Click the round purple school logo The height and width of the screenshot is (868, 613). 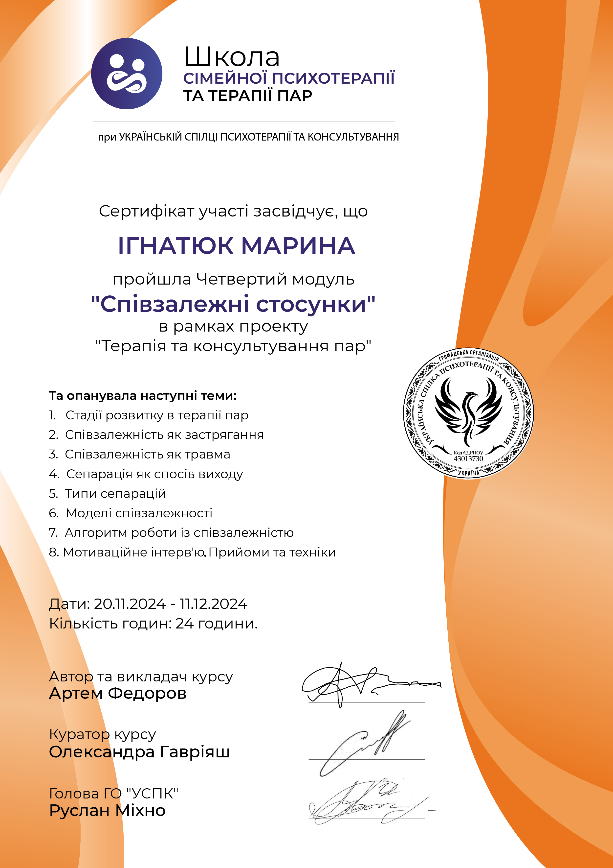(x=127, y=74)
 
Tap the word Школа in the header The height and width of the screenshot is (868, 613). (x=232, y=57)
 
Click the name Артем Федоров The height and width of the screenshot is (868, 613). (x=117, y=693)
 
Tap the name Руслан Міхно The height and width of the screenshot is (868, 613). (x=107, y=811)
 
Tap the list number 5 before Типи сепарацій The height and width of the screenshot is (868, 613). (x=53, y=494)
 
